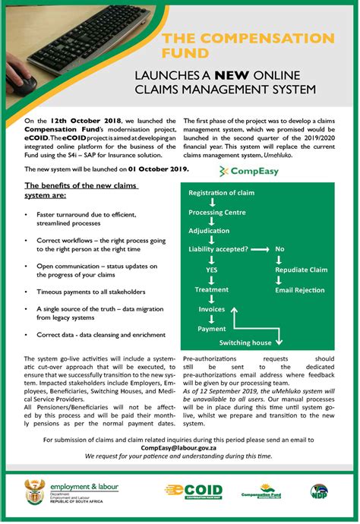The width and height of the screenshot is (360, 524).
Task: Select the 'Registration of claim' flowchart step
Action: pos(222,194)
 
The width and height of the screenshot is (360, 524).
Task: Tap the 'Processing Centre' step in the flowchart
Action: pos(216,213)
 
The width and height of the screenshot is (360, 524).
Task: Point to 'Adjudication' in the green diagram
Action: pos(208,231)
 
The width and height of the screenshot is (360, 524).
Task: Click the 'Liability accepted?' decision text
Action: pos(218,249)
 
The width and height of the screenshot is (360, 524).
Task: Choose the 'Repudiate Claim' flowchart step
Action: pos(301,270)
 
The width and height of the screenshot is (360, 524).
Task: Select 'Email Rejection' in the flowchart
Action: pos(299,290)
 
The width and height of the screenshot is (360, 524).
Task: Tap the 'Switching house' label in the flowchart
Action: pos(246,342)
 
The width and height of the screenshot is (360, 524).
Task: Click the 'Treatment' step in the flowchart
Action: pos(211,289)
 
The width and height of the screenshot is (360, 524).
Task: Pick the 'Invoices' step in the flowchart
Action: pos(212,309)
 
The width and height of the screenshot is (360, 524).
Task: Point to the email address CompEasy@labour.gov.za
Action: pos(179,448)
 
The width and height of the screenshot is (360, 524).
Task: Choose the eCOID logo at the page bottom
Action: pos(194,491)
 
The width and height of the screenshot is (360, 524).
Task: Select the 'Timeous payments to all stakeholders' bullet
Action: pos(90,291)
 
